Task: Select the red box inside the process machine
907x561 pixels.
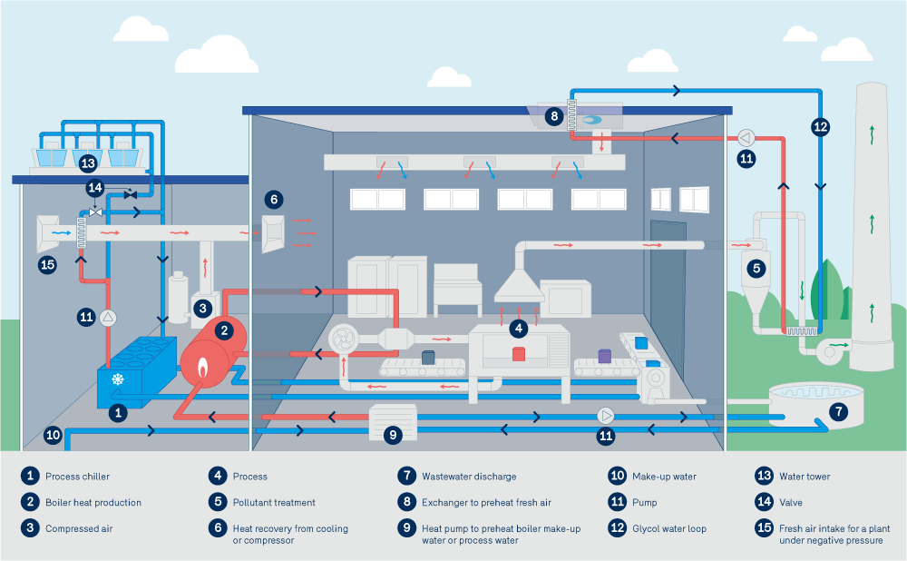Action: (x=519, y=354)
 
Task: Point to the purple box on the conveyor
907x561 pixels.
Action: (x=605, y=357)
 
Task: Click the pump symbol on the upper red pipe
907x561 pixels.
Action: (x=746, y=137)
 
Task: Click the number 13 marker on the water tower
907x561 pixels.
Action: (x=87, y=163)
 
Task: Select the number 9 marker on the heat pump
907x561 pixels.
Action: (x=393, y=435)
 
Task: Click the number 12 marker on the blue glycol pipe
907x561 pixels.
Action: (x=820, y=127)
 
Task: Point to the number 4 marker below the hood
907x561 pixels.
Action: (x=518, y=327)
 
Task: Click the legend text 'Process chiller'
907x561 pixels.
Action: (x=77, y=476)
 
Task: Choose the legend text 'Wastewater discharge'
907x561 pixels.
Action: (x=469, y=476)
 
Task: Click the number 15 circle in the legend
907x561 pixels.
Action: (x=763, y=528)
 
